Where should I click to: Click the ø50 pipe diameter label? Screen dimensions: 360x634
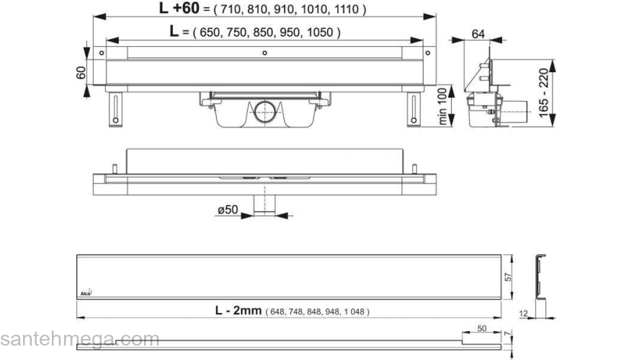click(229, 210)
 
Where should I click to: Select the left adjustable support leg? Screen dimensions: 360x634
click(115, 107)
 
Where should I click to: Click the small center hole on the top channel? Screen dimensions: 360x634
click(265, 53)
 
